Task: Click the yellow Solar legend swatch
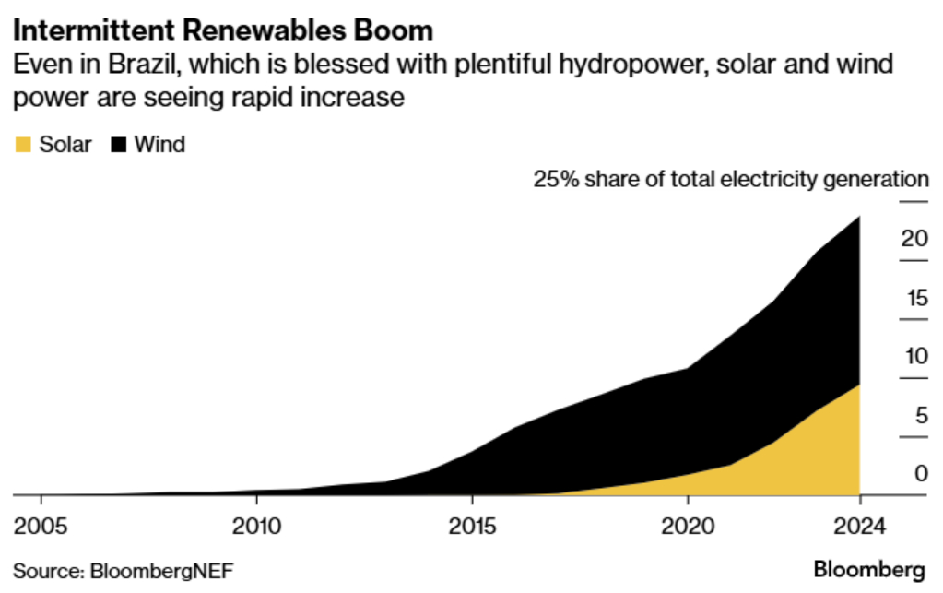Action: coord(24,144)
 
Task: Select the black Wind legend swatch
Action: coord(119,144)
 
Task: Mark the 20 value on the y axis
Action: coord(914,238)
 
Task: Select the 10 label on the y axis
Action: coord(914,356)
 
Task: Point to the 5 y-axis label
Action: coord(919,415)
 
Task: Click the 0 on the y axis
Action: coord(919,474)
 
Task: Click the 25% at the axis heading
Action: coord(553,179)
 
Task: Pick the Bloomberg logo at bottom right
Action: coord(869,569)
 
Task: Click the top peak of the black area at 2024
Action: coord(859,218)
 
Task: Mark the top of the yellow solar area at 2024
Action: coord(858,385)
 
